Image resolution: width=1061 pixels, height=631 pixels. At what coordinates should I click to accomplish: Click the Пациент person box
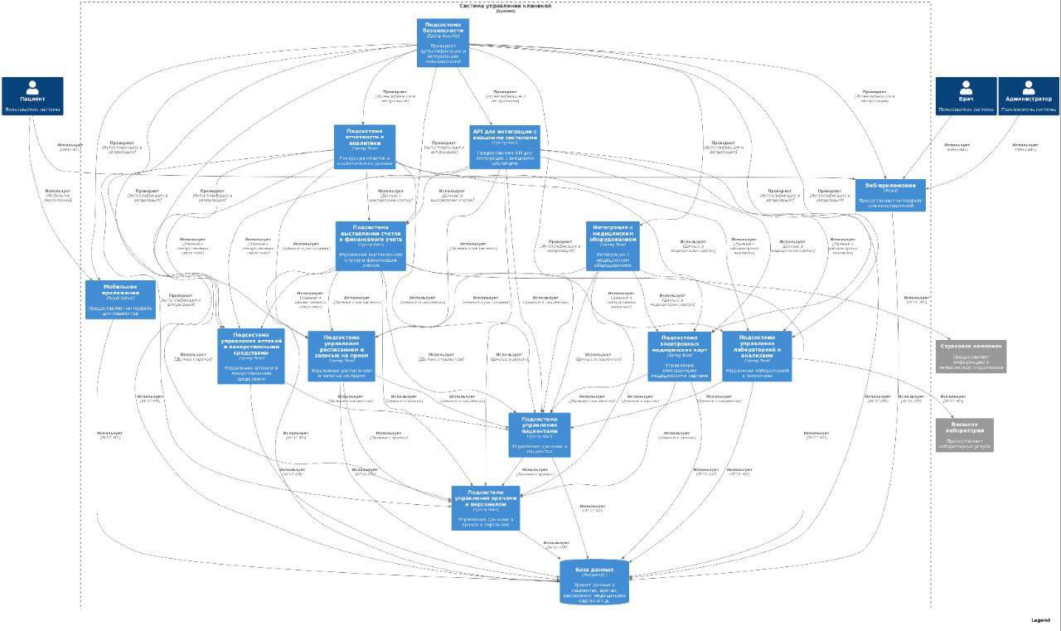tap(32, 96)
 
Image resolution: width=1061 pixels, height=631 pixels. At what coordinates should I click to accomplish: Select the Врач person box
tap(966, 96)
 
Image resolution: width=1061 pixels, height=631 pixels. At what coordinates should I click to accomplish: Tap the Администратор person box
tap(1028, 96)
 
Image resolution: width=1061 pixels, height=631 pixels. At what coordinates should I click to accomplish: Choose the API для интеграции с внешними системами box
tap(505, 147)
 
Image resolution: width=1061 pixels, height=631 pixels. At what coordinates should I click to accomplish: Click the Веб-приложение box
tap(890, 195)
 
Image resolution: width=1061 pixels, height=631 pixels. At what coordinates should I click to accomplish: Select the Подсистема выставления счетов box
tap(370, 245)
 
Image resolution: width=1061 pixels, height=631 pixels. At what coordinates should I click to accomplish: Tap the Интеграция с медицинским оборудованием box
tap(613, 245)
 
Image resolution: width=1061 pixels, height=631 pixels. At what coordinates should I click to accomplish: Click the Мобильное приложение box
tap(120, 299)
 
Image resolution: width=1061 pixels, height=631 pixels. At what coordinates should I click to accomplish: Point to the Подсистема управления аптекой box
tap(251, 356)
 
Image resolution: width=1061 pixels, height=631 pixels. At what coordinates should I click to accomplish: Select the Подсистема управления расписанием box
tap(342, 356)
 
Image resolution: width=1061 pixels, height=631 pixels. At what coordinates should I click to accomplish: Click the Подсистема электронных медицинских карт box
tap(680, 356)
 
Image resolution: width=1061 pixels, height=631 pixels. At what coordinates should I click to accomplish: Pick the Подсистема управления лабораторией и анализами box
tap(757, 356)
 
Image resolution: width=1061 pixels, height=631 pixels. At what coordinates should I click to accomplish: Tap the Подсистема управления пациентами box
tap(540, 434)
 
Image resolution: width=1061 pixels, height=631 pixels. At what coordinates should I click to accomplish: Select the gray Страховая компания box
tap(971, 356)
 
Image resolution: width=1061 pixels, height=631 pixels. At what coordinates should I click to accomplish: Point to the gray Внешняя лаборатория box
tap(964, 434)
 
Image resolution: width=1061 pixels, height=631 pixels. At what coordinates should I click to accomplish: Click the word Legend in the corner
tap(1040, 620)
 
